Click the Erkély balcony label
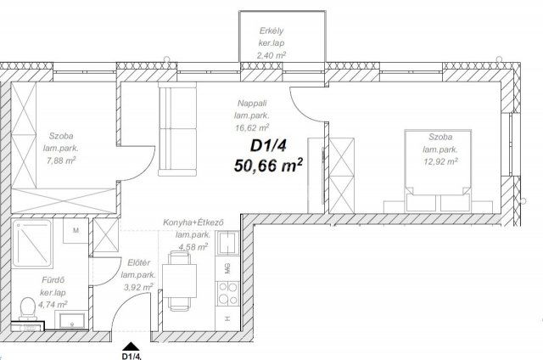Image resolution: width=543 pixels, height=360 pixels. pyautogui.click(x=271, y=31)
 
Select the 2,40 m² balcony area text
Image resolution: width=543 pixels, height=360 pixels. pyautogui.click(x=271, y=55)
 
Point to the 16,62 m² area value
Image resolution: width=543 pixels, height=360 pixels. pyautogui.click(x=253, y=128)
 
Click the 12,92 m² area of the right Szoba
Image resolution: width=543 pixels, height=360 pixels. pyautogui.click(x=440, y=159)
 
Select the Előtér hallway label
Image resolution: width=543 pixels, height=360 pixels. pyautogui.click(x=135, y=263)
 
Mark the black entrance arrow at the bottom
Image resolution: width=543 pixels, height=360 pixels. pyautogui.click(x=130, y=345)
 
